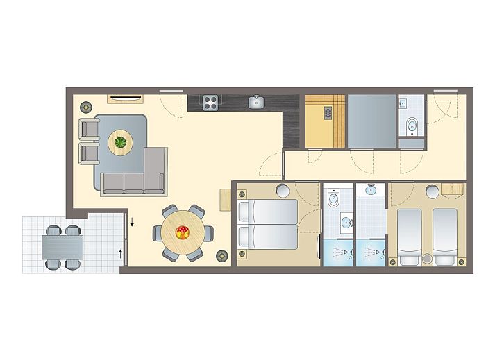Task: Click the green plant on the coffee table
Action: pos(121,143)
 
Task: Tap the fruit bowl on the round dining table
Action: pos(183,232)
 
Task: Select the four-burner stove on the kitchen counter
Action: pos(210,103)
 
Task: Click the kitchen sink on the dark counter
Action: pos(256,103)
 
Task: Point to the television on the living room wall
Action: pos(126,97)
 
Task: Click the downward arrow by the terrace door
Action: pos(131,223)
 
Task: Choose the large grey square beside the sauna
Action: pos(371,121)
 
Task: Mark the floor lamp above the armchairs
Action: pos(86,107)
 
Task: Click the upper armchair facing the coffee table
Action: pos(90,130)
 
